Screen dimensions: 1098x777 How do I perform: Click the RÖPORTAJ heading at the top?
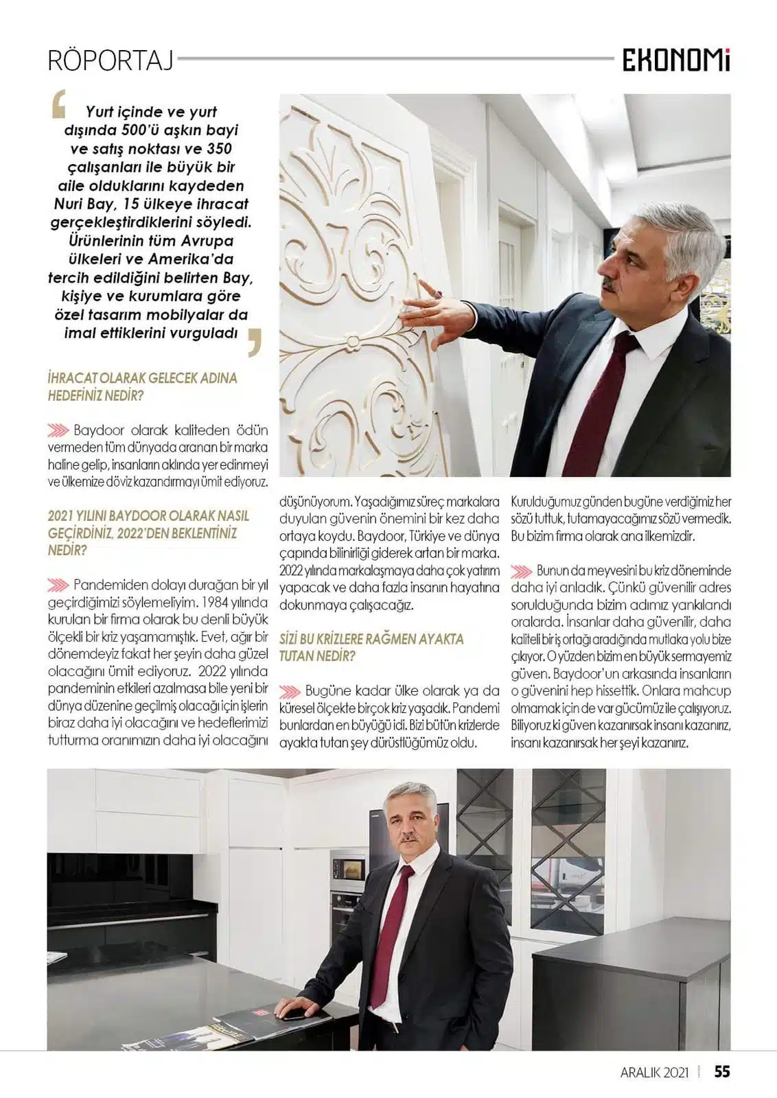[111, 60]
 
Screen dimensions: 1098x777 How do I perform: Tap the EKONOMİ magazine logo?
[676, 62]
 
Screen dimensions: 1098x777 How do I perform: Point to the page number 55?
[721, 1071]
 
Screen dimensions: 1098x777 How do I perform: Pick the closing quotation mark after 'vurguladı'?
[255, 341]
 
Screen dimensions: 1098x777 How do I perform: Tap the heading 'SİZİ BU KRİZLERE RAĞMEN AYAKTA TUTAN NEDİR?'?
[371, 647]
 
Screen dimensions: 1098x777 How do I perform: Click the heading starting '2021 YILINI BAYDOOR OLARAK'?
[148, 533]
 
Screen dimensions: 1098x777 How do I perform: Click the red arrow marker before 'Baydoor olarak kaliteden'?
[58, 431]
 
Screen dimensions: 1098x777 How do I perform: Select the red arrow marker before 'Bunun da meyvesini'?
[522, 571]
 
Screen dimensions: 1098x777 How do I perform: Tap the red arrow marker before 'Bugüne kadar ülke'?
[290, 691]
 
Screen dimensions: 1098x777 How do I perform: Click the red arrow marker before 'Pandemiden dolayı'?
[58, 585]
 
